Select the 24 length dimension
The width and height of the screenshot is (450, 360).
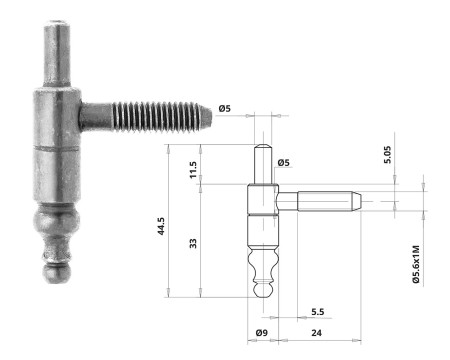(316, 331)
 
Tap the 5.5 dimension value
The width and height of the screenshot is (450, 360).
(317, 311)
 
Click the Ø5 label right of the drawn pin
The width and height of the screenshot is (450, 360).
(283, 162)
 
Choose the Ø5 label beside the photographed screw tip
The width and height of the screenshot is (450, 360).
(227, 108)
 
